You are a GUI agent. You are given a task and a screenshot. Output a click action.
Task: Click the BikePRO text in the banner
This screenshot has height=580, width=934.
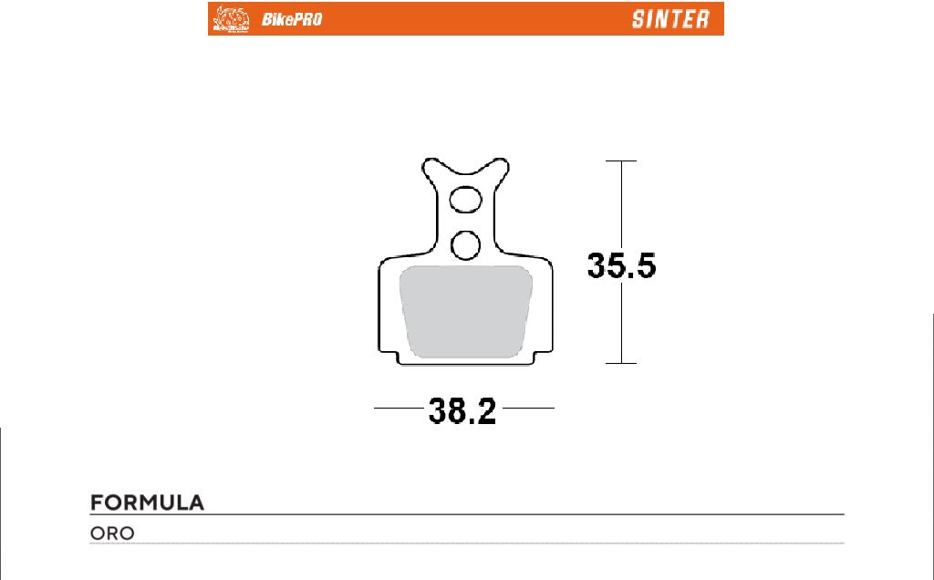pos(292,19)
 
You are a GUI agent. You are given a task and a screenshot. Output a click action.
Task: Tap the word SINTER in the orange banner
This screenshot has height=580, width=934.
pos(669,19)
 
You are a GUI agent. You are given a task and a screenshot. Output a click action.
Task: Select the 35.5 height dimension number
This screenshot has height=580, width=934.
pos(621,265)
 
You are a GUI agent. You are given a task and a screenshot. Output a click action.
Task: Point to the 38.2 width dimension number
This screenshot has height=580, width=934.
pos(463,411)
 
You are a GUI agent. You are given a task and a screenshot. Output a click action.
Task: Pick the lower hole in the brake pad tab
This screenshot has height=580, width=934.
pos(466,243)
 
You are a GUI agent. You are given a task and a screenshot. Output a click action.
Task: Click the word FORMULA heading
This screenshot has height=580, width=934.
pos(147,503)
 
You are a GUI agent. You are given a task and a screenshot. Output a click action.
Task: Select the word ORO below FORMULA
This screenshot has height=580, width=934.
pos(112,533)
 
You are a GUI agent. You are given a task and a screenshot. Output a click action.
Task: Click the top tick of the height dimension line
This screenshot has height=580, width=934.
pos(621,161)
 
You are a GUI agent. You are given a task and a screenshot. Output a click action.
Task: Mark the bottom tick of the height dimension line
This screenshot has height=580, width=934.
pos(621,363)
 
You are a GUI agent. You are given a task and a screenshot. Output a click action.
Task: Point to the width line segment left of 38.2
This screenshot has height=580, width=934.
pos(400,408)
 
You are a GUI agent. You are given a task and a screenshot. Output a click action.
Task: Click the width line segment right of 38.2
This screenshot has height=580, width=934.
pos(529,408)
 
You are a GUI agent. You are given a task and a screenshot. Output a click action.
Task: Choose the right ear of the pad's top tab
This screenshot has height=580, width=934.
pos(501,169)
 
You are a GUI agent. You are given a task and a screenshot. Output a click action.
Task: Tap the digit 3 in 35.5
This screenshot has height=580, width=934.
pos(597,265)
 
